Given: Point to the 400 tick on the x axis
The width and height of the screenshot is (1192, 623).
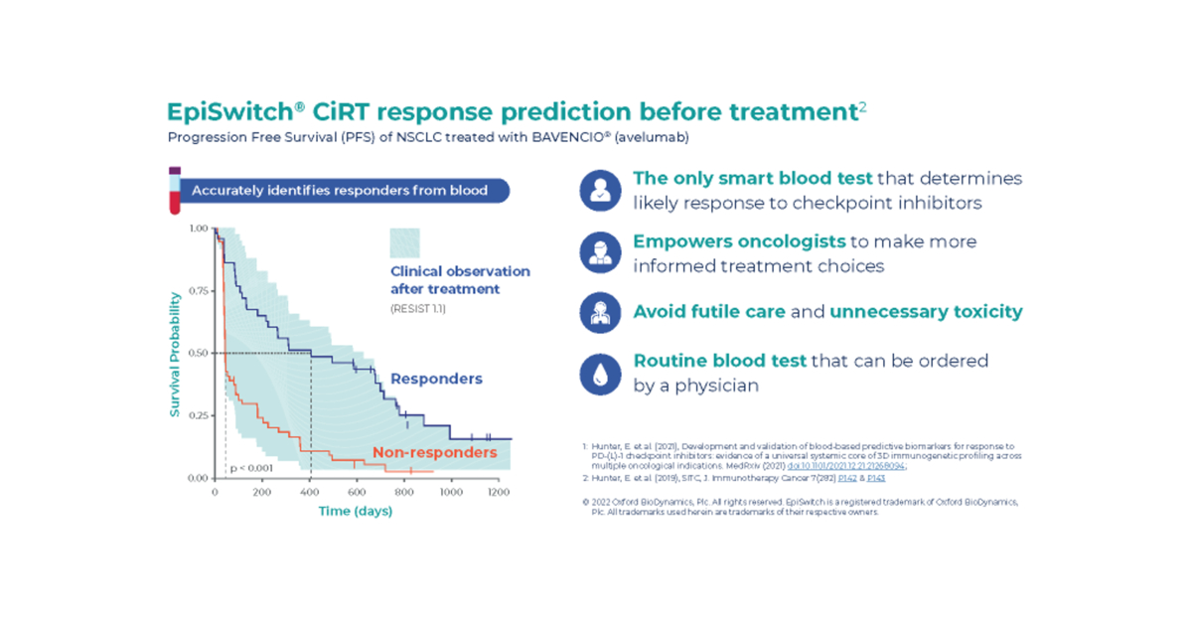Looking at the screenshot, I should pos(310,493).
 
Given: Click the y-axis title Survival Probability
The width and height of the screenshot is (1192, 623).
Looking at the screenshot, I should pos(175,353).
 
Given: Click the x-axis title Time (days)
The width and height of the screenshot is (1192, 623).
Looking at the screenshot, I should pos(355,512).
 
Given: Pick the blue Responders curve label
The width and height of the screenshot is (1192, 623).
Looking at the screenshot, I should pos(436,379).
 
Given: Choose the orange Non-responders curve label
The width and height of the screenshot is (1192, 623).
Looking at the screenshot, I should pos(434,453).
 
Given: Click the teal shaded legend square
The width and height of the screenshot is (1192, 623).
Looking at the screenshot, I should pos(404,243).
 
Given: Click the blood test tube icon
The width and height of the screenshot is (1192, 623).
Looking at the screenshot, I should pos(175,191).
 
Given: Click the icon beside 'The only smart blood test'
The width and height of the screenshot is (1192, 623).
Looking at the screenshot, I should pos(600,191).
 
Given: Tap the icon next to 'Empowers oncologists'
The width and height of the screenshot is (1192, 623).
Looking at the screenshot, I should pos(600,252).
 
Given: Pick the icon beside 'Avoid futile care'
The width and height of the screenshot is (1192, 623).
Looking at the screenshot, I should pos(600,312).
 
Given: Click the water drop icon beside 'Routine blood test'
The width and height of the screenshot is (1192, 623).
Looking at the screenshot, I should pos(600,374).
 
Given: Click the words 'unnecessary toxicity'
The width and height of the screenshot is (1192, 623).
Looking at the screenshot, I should pos(926,312).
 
